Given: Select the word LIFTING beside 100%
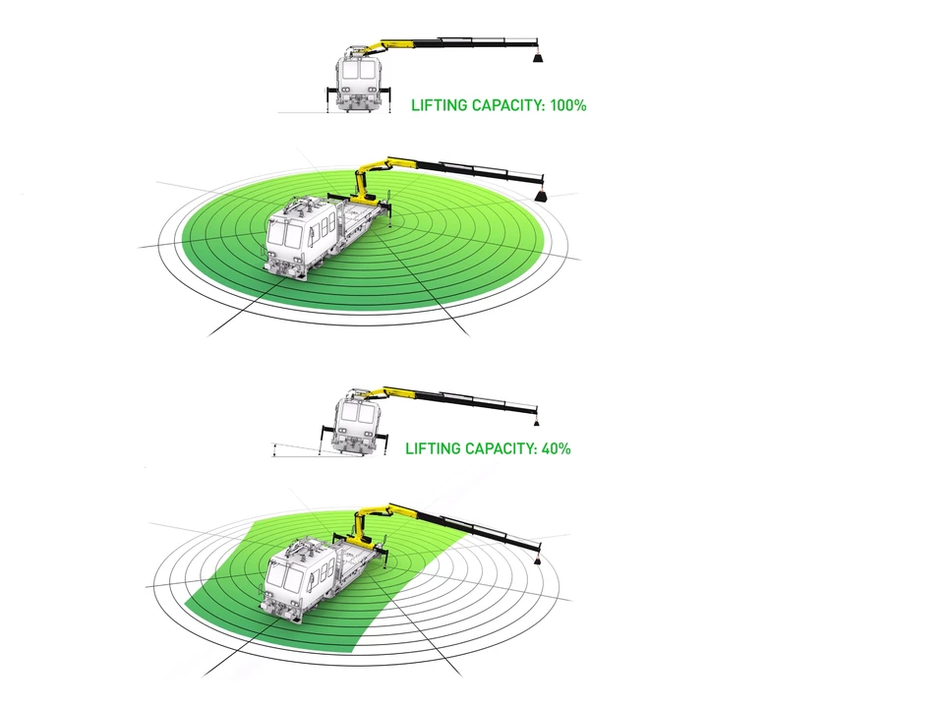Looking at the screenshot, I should click(438, 105).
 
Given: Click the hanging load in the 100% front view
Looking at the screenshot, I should click(538, 58).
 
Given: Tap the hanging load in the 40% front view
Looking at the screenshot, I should click(536, 421).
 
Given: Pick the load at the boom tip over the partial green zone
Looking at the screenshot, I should click(538, 559).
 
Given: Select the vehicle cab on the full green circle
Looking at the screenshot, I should click(291, 236).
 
